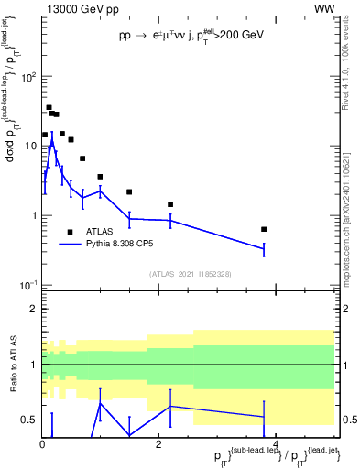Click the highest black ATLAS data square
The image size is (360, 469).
pyautogui.click(x=49, y=107)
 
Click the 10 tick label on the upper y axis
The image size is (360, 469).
pyautogui.click(x=29, y=147)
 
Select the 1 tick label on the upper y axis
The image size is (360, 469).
pyautogui.click(x=33, y=216)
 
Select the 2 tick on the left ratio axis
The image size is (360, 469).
pyautogui.click(x=33, y=309)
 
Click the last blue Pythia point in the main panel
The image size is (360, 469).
pyautogui.click(x=264, y=248)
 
